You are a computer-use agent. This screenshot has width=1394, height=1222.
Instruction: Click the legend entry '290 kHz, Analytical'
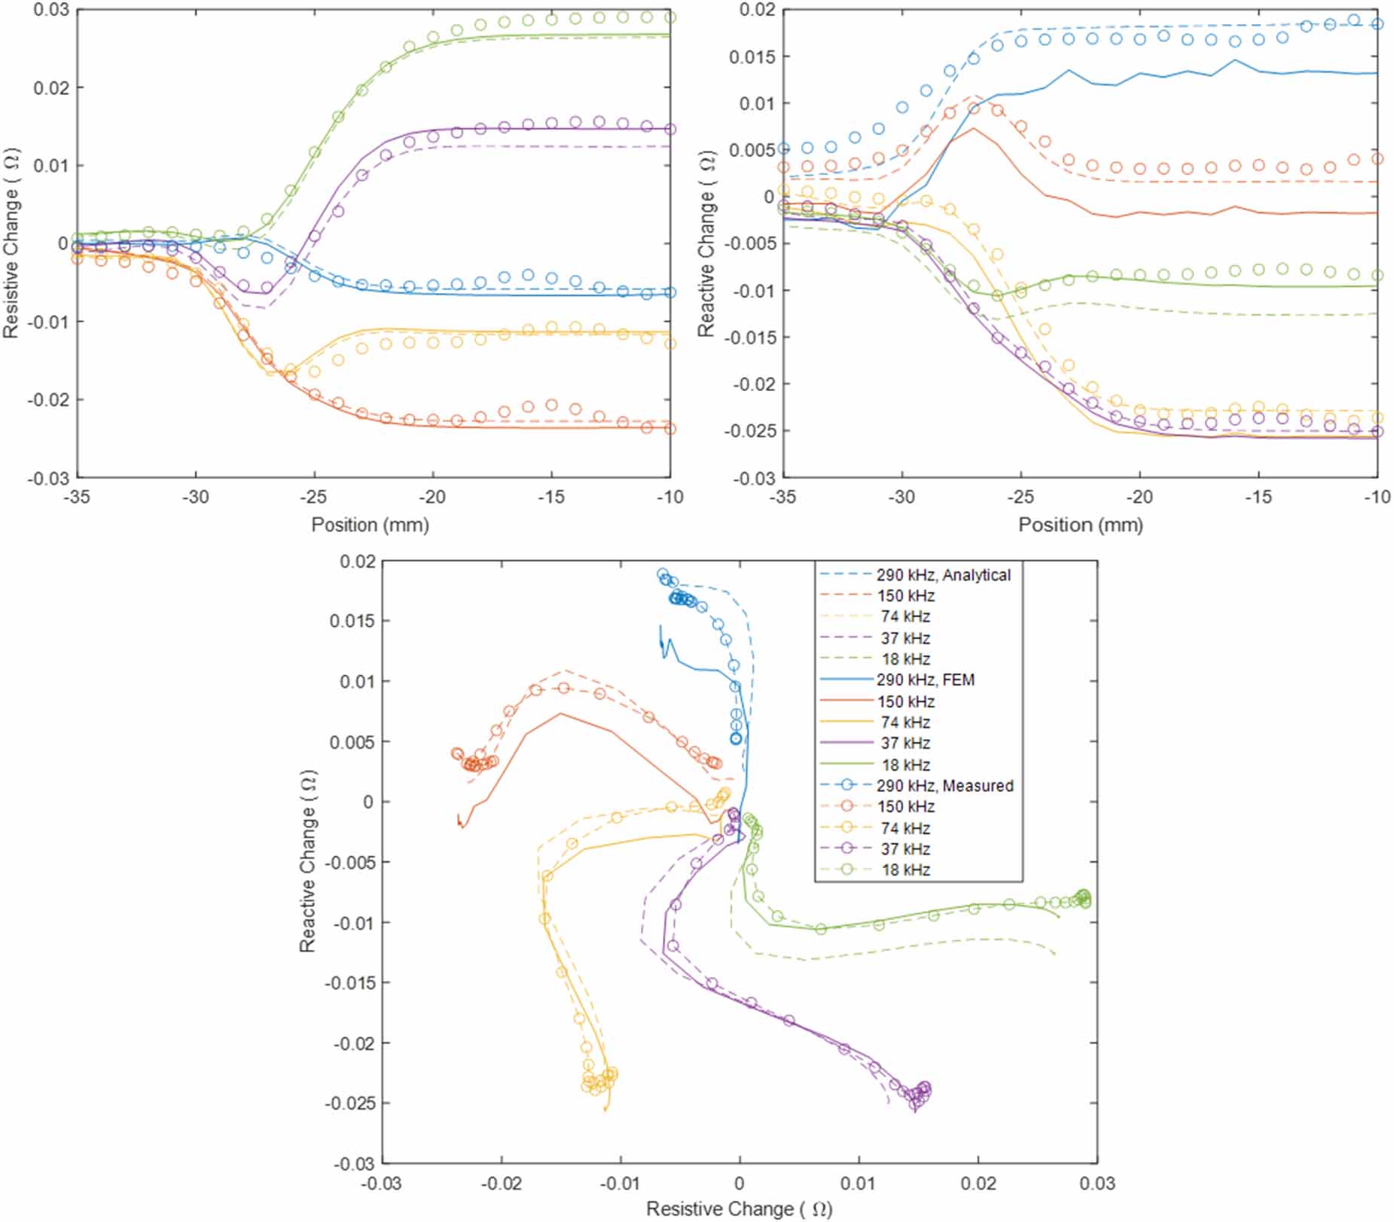tap(943, 575)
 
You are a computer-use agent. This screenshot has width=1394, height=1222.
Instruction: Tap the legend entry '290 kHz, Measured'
tap(944, 785)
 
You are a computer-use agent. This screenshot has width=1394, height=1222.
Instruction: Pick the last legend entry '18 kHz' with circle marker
tap(905, 869)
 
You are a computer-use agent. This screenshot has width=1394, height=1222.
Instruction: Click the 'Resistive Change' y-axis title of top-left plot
tap(11, 243)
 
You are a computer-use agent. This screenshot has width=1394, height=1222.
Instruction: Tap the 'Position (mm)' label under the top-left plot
tap(370, 524)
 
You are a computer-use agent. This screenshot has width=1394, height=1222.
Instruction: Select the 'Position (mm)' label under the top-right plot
tap(1080, 524)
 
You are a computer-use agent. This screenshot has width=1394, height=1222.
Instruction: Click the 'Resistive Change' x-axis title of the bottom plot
tap(739, 1208)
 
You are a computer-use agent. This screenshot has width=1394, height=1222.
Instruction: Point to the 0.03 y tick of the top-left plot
tap(50, 10)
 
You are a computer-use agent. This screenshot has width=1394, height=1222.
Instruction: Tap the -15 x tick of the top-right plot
tap(1258, 496)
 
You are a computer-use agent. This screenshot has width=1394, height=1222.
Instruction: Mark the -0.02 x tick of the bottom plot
tap(501, 1183)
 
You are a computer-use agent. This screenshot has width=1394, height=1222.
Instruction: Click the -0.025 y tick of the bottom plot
tap(349, 1103)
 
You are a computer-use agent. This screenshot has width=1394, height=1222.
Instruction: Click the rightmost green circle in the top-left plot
tap(670, 17)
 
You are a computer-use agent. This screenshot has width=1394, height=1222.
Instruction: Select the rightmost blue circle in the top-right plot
tap(1377, 24)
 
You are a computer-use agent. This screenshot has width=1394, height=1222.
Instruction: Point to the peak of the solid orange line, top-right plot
tap(974, 128)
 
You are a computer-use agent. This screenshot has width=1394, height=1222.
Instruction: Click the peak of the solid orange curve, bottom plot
tap(560, 713)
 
